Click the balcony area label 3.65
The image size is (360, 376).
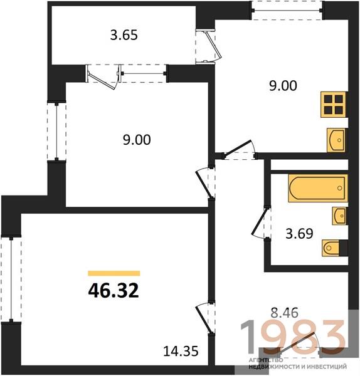click(x=124, y=35)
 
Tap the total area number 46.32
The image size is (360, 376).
click(x=114, y=290)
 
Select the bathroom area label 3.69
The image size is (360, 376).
click(x=299, y=234)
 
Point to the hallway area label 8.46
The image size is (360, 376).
click(x=284, y=313)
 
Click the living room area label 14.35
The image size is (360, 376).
click(x=181, y=351)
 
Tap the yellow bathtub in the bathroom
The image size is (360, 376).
click(x=318, y=188)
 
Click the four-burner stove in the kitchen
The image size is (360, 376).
click(x=334, y=105)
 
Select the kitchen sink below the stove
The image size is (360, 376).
click(x=336, y=140)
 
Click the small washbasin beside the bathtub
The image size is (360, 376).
click(x=339, y=216)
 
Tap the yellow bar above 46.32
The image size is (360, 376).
click(x=114, y=273)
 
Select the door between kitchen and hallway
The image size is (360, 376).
click(x=240, y=148)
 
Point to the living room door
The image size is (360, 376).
click(x=204, y=319)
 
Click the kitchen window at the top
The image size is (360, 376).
click(x=287, y=10)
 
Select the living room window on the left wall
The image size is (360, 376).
click(x=11, y=280)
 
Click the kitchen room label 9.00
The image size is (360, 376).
click(x=283, y=86)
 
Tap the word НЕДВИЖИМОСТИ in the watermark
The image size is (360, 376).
click(x=273, y=367)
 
